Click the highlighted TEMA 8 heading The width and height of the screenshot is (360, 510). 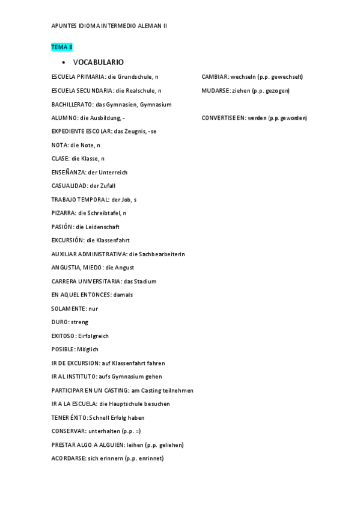coord(62,47)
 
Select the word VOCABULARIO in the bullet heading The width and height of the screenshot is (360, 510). coord(99,63)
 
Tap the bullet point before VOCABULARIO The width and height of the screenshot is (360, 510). coord(63,63)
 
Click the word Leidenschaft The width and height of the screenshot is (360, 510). coord(102,227)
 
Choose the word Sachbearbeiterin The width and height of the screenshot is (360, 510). coord(162,254)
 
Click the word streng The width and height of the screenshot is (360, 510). coord(79,322)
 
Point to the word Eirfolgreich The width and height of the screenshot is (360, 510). coord(93,336)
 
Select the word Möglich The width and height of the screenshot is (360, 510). coord(88,349)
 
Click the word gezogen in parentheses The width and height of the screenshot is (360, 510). coord(276,91)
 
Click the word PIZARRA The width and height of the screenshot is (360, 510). coord(63,213)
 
